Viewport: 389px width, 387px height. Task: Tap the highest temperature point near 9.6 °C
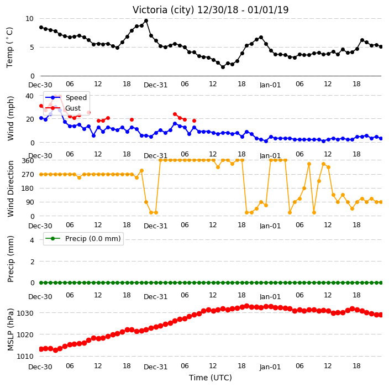(x=146, y=21)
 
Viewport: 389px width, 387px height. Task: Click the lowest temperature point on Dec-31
(x=223, y=67)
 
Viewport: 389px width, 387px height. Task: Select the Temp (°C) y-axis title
(x=9, y=48)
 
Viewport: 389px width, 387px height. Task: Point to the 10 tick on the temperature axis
(x=29, y=19)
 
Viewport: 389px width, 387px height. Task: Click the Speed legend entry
(x=66, y=97)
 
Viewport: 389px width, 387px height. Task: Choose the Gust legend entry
(x=63, y=108)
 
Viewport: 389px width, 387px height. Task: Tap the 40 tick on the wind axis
(x=29, y=96)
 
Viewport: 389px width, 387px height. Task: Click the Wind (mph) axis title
(x=10, y=118)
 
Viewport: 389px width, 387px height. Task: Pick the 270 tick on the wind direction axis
(x=28, y=175)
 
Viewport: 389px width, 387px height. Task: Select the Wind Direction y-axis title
(x=10, y=189)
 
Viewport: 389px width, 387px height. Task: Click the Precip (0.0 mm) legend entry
(x=83, y=238)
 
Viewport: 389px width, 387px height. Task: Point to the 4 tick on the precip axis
(x=32, y=240)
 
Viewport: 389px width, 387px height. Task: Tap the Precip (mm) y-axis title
(x=10, y=259)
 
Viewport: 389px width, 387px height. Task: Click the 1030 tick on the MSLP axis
(x=25, y=313)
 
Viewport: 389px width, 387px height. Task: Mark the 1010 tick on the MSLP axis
(x=25, y=356)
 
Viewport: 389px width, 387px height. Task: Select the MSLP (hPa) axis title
(x=10, y=330)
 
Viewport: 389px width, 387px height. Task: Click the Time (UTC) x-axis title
(x=211, y=378)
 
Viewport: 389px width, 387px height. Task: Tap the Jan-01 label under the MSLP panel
(x=270, y=367)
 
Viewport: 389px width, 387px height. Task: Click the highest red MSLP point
(x=246, y=306)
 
